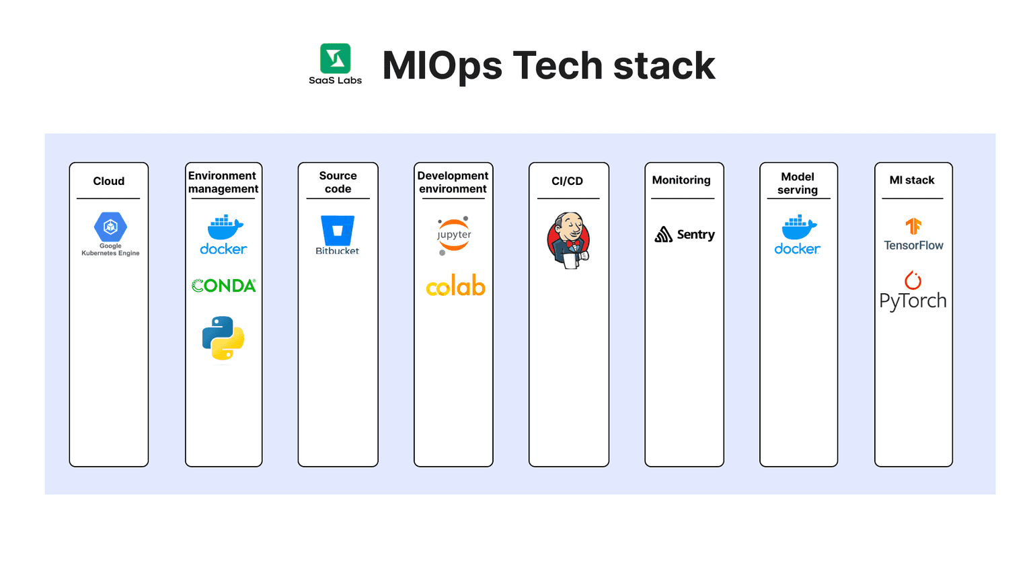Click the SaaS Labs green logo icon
335,59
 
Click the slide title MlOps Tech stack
548,66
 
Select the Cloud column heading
108,181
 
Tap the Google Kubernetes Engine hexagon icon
110,227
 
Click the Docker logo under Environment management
224,235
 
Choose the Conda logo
224,286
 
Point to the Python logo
223,338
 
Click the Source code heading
338,182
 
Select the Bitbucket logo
338,235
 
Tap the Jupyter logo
454,235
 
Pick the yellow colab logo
455,286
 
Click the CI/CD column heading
567,181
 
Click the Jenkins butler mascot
569,241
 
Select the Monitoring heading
681,180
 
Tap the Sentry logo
685,235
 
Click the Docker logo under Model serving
798,235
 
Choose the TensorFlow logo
913,235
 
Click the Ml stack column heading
912,180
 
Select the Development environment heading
453,182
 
